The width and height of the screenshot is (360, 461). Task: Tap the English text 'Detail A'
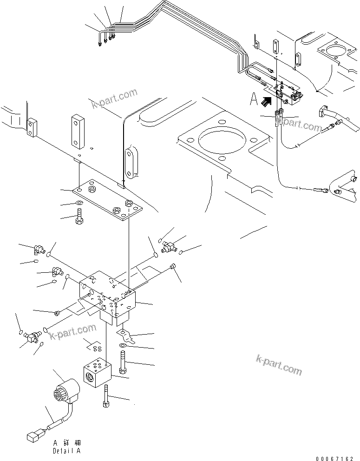[66, 450]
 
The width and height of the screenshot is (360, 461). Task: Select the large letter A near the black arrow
[254, 99]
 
